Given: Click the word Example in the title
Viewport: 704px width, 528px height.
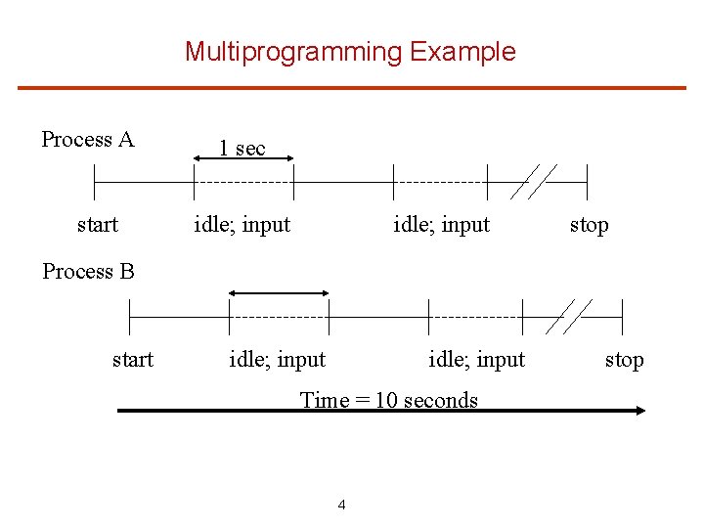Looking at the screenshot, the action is (462, 52).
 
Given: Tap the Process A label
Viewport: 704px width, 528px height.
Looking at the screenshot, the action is (88, 140).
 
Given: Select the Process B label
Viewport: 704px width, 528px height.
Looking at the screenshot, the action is (89, 271).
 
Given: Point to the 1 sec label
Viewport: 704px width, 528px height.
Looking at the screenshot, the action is (242, 149).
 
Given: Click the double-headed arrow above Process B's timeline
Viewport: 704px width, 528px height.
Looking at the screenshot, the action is (279, 292).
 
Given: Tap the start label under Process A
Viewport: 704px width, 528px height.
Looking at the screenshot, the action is (98, 225).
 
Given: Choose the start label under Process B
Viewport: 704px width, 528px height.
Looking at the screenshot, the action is (133, 360).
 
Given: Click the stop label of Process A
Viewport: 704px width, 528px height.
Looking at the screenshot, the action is (589, 225).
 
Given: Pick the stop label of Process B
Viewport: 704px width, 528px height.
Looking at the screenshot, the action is (624, 360).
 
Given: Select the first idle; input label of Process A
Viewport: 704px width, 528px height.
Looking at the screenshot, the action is (242, 225).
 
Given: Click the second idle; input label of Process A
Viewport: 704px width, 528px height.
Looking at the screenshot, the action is (441, 225).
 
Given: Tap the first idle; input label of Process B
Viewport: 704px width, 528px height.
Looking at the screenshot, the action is (278, 360).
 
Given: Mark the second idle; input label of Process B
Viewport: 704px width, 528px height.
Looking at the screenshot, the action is (476, 360).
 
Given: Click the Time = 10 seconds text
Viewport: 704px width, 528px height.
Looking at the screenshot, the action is (389, 400).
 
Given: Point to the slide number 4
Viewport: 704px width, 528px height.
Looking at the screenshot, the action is (341, 505).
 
